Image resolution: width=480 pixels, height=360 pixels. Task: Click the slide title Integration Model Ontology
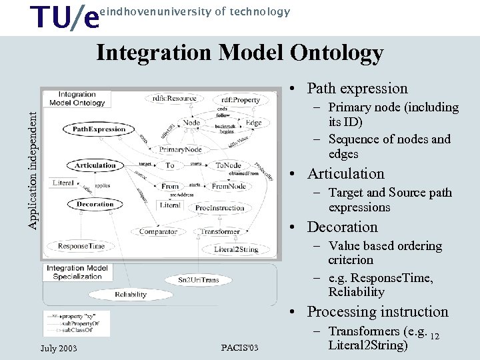coord(239,53)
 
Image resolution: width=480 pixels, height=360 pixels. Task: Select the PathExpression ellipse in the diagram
coord(99,129)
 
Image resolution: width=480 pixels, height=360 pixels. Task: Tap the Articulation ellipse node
coord(95,165)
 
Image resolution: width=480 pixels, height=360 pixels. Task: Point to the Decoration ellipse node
coord(95,204)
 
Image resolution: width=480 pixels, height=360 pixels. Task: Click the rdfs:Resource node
coord(174,99)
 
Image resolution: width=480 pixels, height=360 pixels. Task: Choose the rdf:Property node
coord(237,101)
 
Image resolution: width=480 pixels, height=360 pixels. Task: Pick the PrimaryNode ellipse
coord(180,150)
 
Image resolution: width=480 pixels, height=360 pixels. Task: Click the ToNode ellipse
coord(229,165)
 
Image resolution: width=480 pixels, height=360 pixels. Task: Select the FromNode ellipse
coord(229,187)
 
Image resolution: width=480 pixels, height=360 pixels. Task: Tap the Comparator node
coord(158,232)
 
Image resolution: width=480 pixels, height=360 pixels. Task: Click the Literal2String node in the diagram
coord(236,249)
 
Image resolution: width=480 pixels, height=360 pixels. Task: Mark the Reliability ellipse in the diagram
coord(131,294)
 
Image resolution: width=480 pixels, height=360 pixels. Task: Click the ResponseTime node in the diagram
coord(81,247)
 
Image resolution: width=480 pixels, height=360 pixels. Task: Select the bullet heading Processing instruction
coord(377,312)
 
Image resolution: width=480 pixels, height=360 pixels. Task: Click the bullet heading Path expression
coord(357,89)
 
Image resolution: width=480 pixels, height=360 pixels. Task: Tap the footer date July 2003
coord(59,349)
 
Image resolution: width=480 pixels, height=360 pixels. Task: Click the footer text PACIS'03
coord(239,349)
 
